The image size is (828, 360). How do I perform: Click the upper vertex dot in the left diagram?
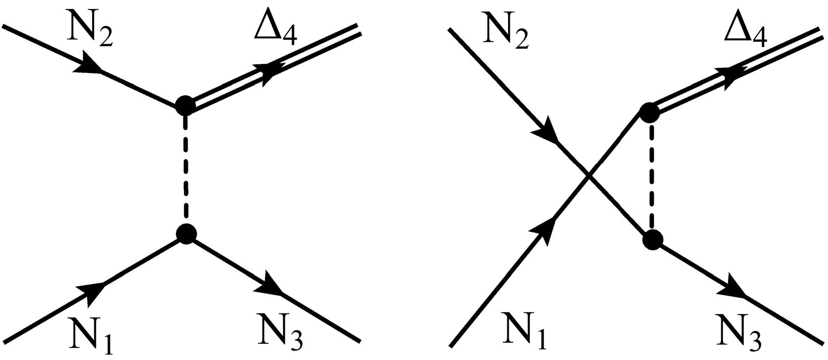[185, 105]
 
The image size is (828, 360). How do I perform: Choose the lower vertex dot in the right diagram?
[652, 240]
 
